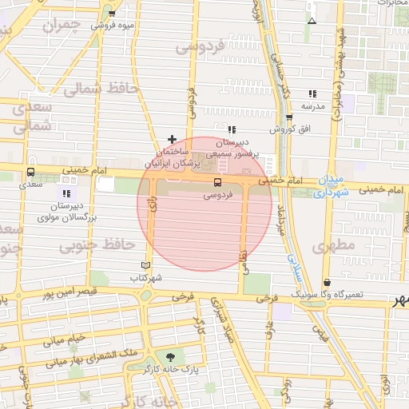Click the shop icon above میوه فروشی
click(111, 14)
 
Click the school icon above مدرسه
click(312, 93)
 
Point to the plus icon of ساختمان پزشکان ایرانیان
click(172, 139)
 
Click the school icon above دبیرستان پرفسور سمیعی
click(232, 129)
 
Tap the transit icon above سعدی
click(30, 172)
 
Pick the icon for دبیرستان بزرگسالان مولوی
click(66, 193)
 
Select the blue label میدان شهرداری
click(331, 186)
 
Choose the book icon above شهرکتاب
click(145, 265)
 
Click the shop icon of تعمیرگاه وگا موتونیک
click(327, 282)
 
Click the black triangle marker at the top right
click(312, 20)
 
